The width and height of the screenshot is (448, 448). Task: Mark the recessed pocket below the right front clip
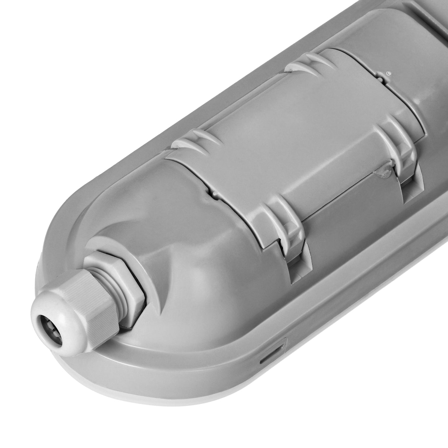click(412, 192)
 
